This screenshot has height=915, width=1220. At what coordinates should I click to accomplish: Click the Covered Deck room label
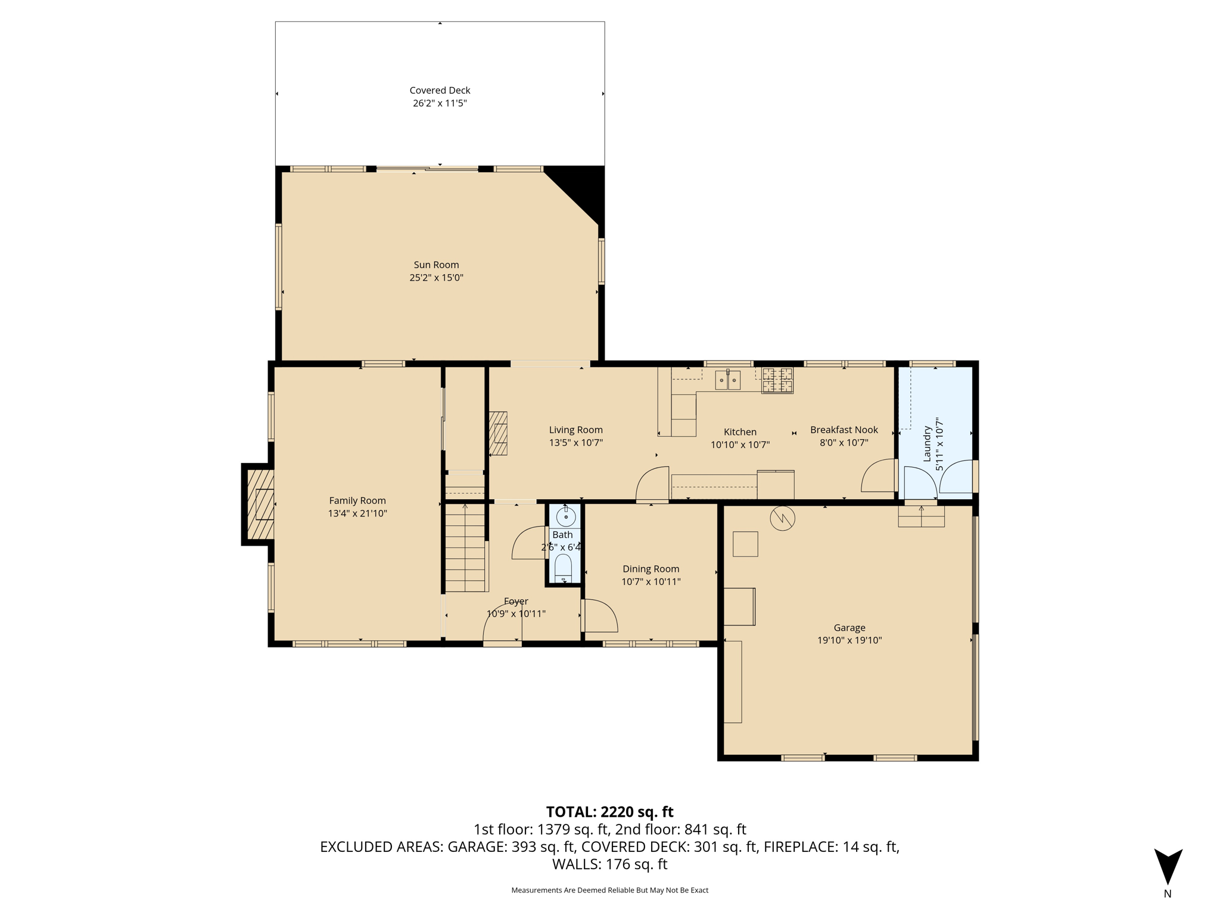click(x=440, y=91)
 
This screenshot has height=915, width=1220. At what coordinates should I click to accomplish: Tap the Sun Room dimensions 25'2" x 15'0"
click(x=436, y=278)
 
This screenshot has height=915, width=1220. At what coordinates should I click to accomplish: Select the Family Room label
click(x=357, y=501)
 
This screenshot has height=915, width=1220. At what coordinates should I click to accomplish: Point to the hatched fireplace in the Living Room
click(x=498, y=434)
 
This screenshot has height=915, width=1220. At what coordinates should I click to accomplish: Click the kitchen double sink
click(x=727, y=379)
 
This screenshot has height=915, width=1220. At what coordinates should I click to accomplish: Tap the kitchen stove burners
click(x=777, y=380)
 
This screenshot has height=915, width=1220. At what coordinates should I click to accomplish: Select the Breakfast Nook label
click(x=844, y=430)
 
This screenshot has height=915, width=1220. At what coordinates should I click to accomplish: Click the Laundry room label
click(x=927, y=444)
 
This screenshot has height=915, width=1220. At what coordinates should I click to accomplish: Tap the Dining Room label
click(x=651, y=569)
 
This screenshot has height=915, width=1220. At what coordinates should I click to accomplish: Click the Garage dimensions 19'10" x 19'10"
click(x=849, y=640)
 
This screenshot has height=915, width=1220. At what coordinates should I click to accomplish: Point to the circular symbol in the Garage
click(x=783, y=518)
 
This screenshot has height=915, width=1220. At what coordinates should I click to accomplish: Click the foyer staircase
click(x=465, y=547)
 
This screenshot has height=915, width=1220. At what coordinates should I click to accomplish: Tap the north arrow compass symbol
click(x=1168, y=867)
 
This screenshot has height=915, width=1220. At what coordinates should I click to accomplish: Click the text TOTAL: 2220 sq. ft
click(x=610, y=812)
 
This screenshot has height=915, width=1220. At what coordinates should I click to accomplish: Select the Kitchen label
click(x=740, y=432)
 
